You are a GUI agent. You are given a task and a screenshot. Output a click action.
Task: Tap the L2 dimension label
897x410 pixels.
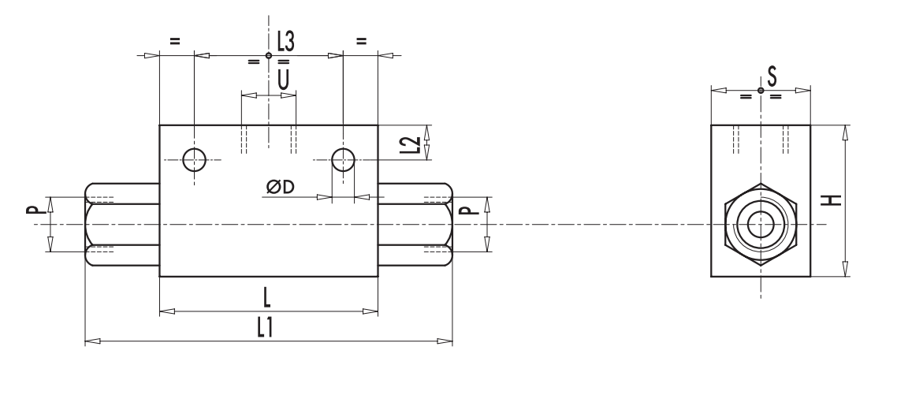pyautogui.click(x=408, y=144)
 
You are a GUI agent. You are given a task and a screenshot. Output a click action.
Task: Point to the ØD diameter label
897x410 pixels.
pyautogui.click(x=281, y=187)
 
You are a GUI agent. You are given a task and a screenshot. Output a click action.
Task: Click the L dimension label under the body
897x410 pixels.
pyautogui.click(x=268, y=298)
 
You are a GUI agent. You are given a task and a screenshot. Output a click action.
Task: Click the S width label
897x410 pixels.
pyautogui.click(x=772, y=76)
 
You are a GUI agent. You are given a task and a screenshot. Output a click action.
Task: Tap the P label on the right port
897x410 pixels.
pyautogui.click(x=465, y=211)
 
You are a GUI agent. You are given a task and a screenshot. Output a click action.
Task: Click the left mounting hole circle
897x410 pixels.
pyautogui.click(x=194, y=159)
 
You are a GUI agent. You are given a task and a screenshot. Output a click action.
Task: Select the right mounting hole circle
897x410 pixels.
pyautogui.click(x=343, y=159)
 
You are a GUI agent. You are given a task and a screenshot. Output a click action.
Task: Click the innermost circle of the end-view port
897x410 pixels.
pyautogui.click(x=761, y=225)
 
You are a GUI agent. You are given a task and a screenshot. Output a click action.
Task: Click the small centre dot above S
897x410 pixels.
pyautogui.click(x=761, y=90)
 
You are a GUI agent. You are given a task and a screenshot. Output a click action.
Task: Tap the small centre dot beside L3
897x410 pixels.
pyautogui.click(x=269, y=55)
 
